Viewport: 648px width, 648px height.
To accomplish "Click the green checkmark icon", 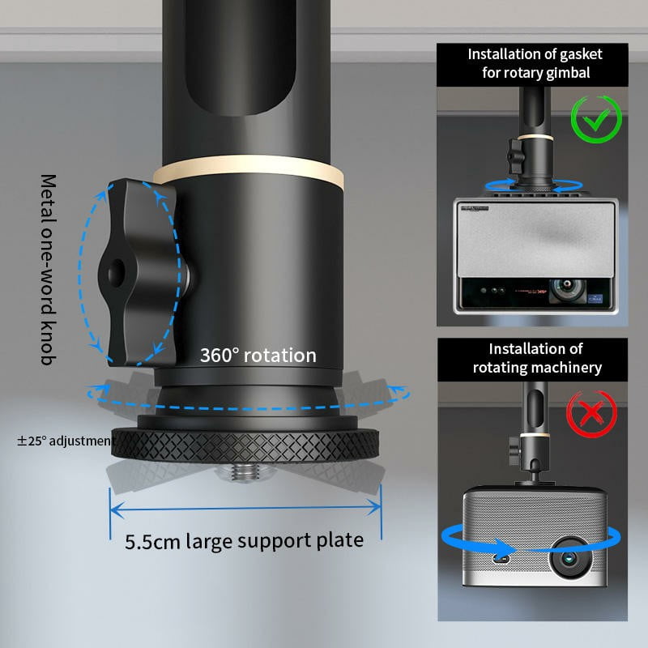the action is (x=596, y=119).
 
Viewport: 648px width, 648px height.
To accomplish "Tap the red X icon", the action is (x=592, y=415).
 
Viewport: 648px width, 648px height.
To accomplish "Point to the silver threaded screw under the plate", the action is (x=244, y=471).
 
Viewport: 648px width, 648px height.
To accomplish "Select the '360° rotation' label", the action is (x=258, y=356).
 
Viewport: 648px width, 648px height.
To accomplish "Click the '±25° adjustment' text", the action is (x=65, y=441).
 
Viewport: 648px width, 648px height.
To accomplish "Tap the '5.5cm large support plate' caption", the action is (x=245, y=541).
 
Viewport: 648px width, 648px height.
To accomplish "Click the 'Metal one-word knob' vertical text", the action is (x=49, y=270).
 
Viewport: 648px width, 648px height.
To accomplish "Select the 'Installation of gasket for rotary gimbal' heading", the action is (x=535, y=63).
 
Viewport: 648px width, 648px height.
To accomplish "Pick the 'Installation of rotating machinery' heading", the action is (x=536, y=358).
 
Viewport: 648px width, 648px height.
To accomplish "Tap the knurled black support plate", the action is (x=245, y=444).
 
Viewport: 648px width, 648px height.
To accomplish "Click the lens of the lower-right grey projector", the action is (x=569, y=559).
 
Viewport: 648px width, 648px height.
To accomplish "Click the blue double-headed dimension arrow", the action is (x=245, y=509).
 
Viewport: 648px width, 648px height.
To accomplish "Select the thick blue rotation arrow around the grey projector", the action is (x=531, y=541).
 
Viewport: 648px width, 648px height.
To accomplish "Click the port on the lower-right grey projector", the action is (x=501, y=559).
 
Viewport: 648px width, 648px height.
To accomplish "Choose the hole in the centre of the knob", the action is (x=116, y=272).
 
